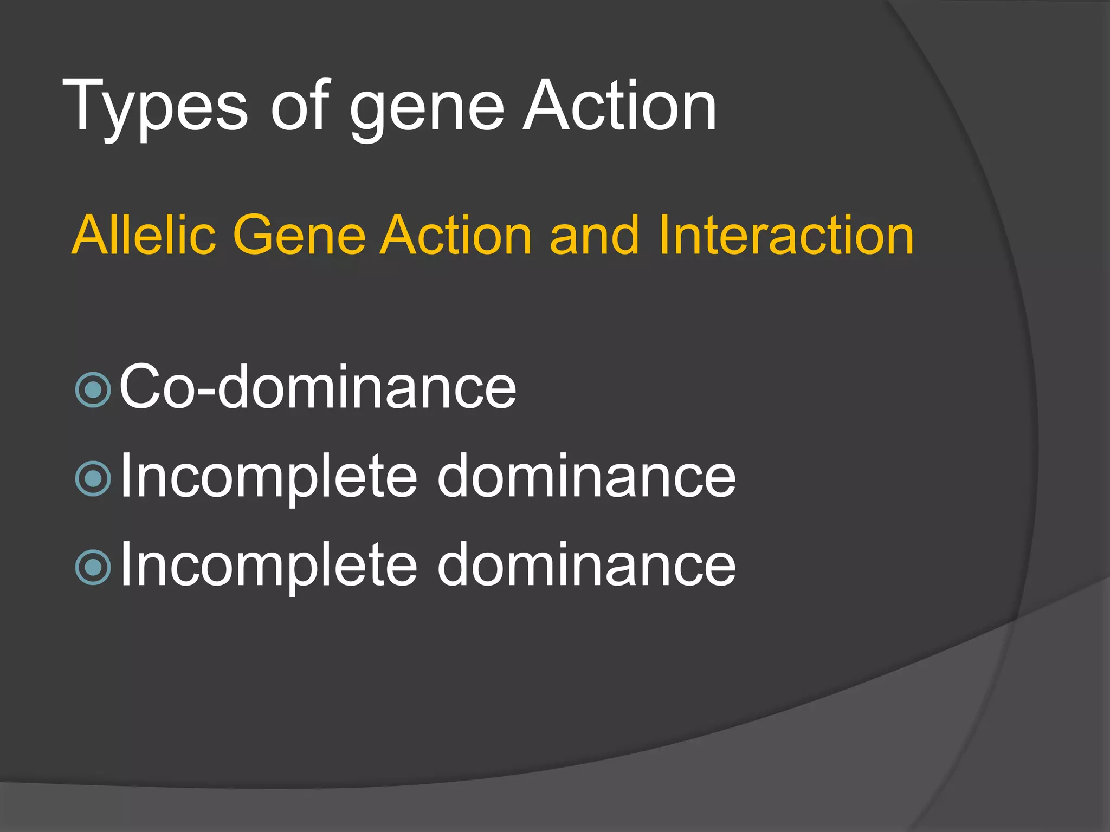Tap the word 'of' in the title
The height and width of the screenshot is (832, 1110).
pyautogui.click(x=300, y=106)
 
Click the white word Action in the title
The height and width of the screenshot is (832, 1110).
pyautogui.click(x=619, y=106)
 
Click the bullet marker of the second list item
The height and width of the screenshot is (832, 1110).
pyautogui.click(x=93, y=478)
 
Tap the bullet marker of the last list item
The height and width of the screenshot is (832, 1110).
pyautogui.click(x=93, y=567)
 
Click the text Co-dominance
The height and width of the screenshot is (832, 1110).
pyautogui.click(x=318, y=387)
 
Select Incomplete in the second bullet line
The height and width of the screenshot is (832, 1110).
pyautogui.click(x=269, y=477)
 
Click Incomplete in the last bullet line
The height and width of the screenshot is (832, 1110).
pyautogui.click(x=269, y=565)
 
